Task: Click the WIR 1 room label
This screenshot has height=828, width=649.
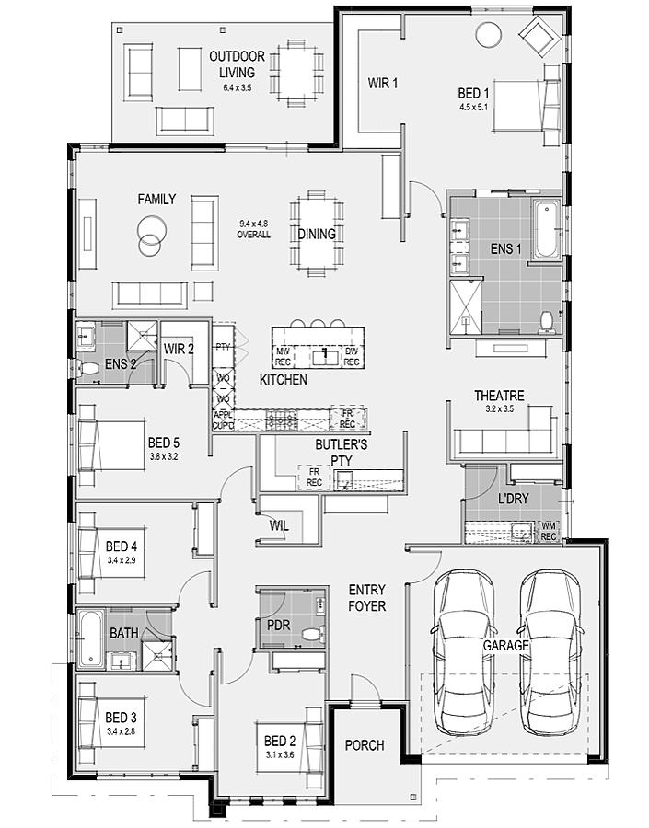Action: pyautogui.click(x=383, y=83)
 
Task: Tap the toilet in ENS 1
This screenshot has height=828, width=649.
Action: pyautogui.click(x=545, y=322)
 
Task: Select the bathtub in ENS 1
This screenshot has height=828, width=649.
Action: pyautogui.click(x=546, y=229)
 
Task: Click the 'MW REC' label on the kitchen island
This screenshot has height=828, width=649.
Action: pyautogui.click(x=283, y=356)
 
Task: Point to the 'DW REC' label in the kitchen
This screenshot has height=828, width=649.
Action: pyautogui.click(x=352, y=356)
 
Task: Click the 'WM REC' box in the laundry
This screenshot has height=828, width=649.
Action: pyautogui.click(x=549, y=531)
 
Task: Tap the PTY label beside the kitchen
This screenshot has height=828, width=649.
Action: pyautogui.click(x=223, y=347)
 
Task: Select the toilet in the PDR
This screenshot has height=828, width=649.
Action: pyautogui.click(x=313, y=633)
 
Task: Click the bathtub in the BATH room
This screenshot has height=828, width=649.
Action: pyautogui.click(x=91, y=638)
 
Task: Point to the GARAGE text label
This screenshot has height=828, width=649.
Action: pyautogui.click(x=505, y=645)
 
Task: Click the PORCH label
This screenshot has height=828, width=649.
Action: pyautogui.click(x=365, y=745)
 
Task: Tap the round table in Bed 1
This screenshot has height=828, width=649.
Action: pyautogui.click(x=488, y=35)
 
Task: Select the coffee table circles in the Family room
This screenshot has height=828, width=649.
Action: pyautogui.click(x=151, y=236)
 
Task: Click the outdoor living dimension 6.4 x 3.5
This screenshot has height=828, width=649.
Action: pyautogui.click(x=238, y=88)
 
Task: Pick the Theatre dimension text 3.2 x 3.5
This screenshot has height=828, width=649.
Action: pyautogui.click(x=500, y=408)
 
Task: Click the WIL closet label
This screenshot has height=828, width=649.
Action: pyautogui.click(x=279, y=525)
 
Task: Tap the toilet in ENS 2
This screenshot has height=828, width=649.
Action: pyautogui.click(x=88, y=368)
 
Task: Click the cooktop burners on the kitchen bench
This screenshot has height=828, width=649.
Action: pyautogui.click(x=282, y=420)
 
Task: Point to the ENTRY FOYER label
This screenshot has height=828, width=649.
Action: pyautogui.click(x=366, y=598)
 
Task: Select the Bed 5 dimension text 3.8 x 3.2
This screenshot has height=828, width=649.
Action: pyautogui.click(x=163, y=456)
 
